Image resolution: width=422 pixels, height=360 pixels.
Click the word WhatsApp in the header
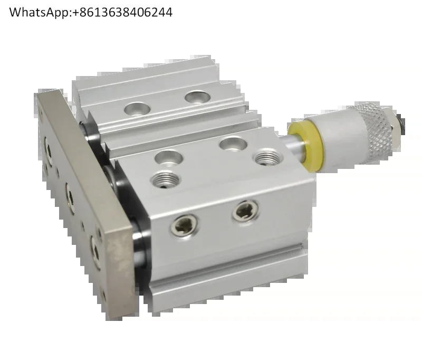pyautogui.click(x=40, y=13)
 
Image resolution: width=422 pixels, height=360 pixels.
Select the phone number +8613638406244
pyautogui.click(x=122, y=12)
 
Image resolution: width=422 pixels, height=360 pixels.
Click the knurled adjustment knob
pyautogui.click(x=376, y=132)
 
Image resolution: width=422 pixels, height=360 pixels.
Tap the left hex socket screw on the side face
pyautogui.click(x=184, y=225)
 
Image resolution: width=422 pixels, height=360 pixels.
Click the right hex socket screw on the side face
pyautogui.click(x=245, y=212)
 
